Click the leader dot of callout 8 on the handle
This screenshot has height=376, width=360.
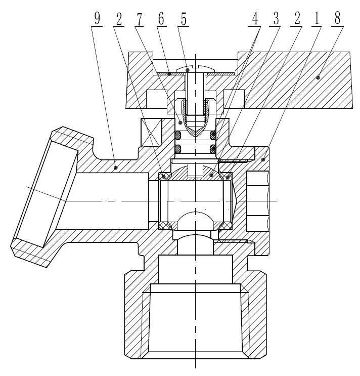318,77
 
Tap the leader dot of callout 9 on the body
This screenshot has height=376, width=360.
116,165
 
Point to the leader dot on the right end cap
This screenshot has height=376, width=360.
263,159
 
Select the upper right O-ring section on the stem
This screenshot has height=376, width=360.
213,135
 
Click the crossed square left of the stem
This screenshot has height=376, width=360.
150,132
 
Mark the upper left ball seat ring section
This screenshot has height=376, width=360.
163,177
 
